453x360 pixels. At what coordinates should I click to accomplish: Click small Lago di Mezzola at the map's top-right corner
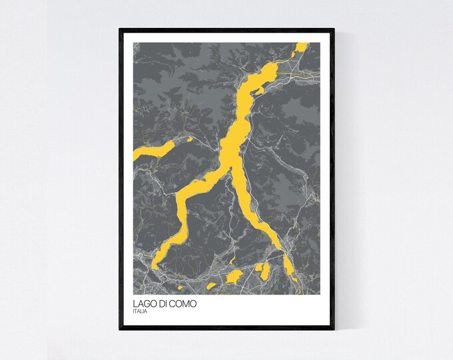point(302,48)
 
